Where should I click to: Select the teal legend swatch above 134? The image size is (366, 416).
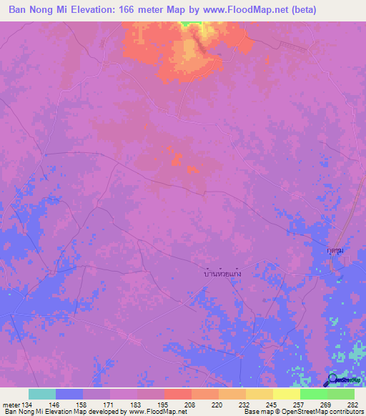(x=42, y=394)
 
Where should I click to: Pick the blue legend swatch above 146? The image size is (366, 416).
(x=69, y=394)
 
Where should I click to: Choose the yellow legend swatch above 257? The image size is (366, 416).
(x=286, y=394)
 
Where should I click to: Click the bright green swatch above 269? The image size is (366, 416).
(x=313, y=394)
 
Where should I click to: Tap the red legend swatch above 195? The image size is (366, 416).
(x=178, y=394)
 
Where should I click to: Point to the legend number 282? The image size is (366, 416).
(x=353, y=405)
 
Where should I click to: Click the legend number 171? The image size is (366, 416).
(x=110, y=405)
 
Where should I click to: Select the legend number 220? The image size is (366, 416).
(x=218, y=405)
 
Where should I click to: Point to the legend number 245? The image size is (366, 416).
(x=272, y=405)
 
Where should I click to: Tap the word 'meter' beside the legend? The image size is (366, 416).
(x=12, y=405)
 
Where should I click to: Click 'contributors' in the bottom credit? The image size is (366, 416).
(x=344, y=412)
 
